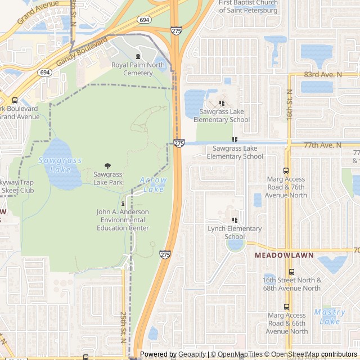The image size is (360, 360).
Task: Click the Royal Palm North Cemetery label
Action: click(138, 69)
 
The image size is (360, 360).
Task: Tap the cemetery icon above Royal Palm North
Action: click(138, 56)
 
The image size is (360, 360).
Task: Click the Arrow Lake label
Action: click(153, 184)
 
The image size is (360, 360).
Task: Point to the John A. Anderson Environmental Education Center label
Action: click(123, 219)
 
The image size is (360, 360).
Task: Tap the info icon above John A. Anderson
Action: click(123, 202)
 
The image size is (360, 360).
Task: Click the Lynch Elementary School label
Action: click(235, 232)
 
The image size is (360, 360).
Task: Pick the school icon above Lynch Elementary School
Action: click(235, 220)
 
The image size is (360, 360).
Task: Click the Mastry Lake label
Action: click(330, 316)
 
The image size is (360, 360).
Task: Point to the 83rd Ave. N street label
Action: click(323, 74)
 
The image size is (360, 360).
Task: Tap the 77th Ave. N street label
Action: click(322, 145)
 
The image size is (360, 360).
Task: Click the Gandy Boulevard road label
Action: click(82, 53)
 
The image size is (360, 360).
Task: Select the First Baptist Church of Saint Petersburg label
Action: click(248, 7)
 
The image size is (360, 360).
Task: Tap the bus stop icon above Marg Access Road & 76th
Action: click(286, 170)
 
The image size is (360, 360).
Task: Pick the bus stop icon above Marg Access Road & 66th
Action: click(286, 307)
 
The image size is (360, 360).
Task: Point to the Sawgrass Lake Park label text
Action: click(108, 178)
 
